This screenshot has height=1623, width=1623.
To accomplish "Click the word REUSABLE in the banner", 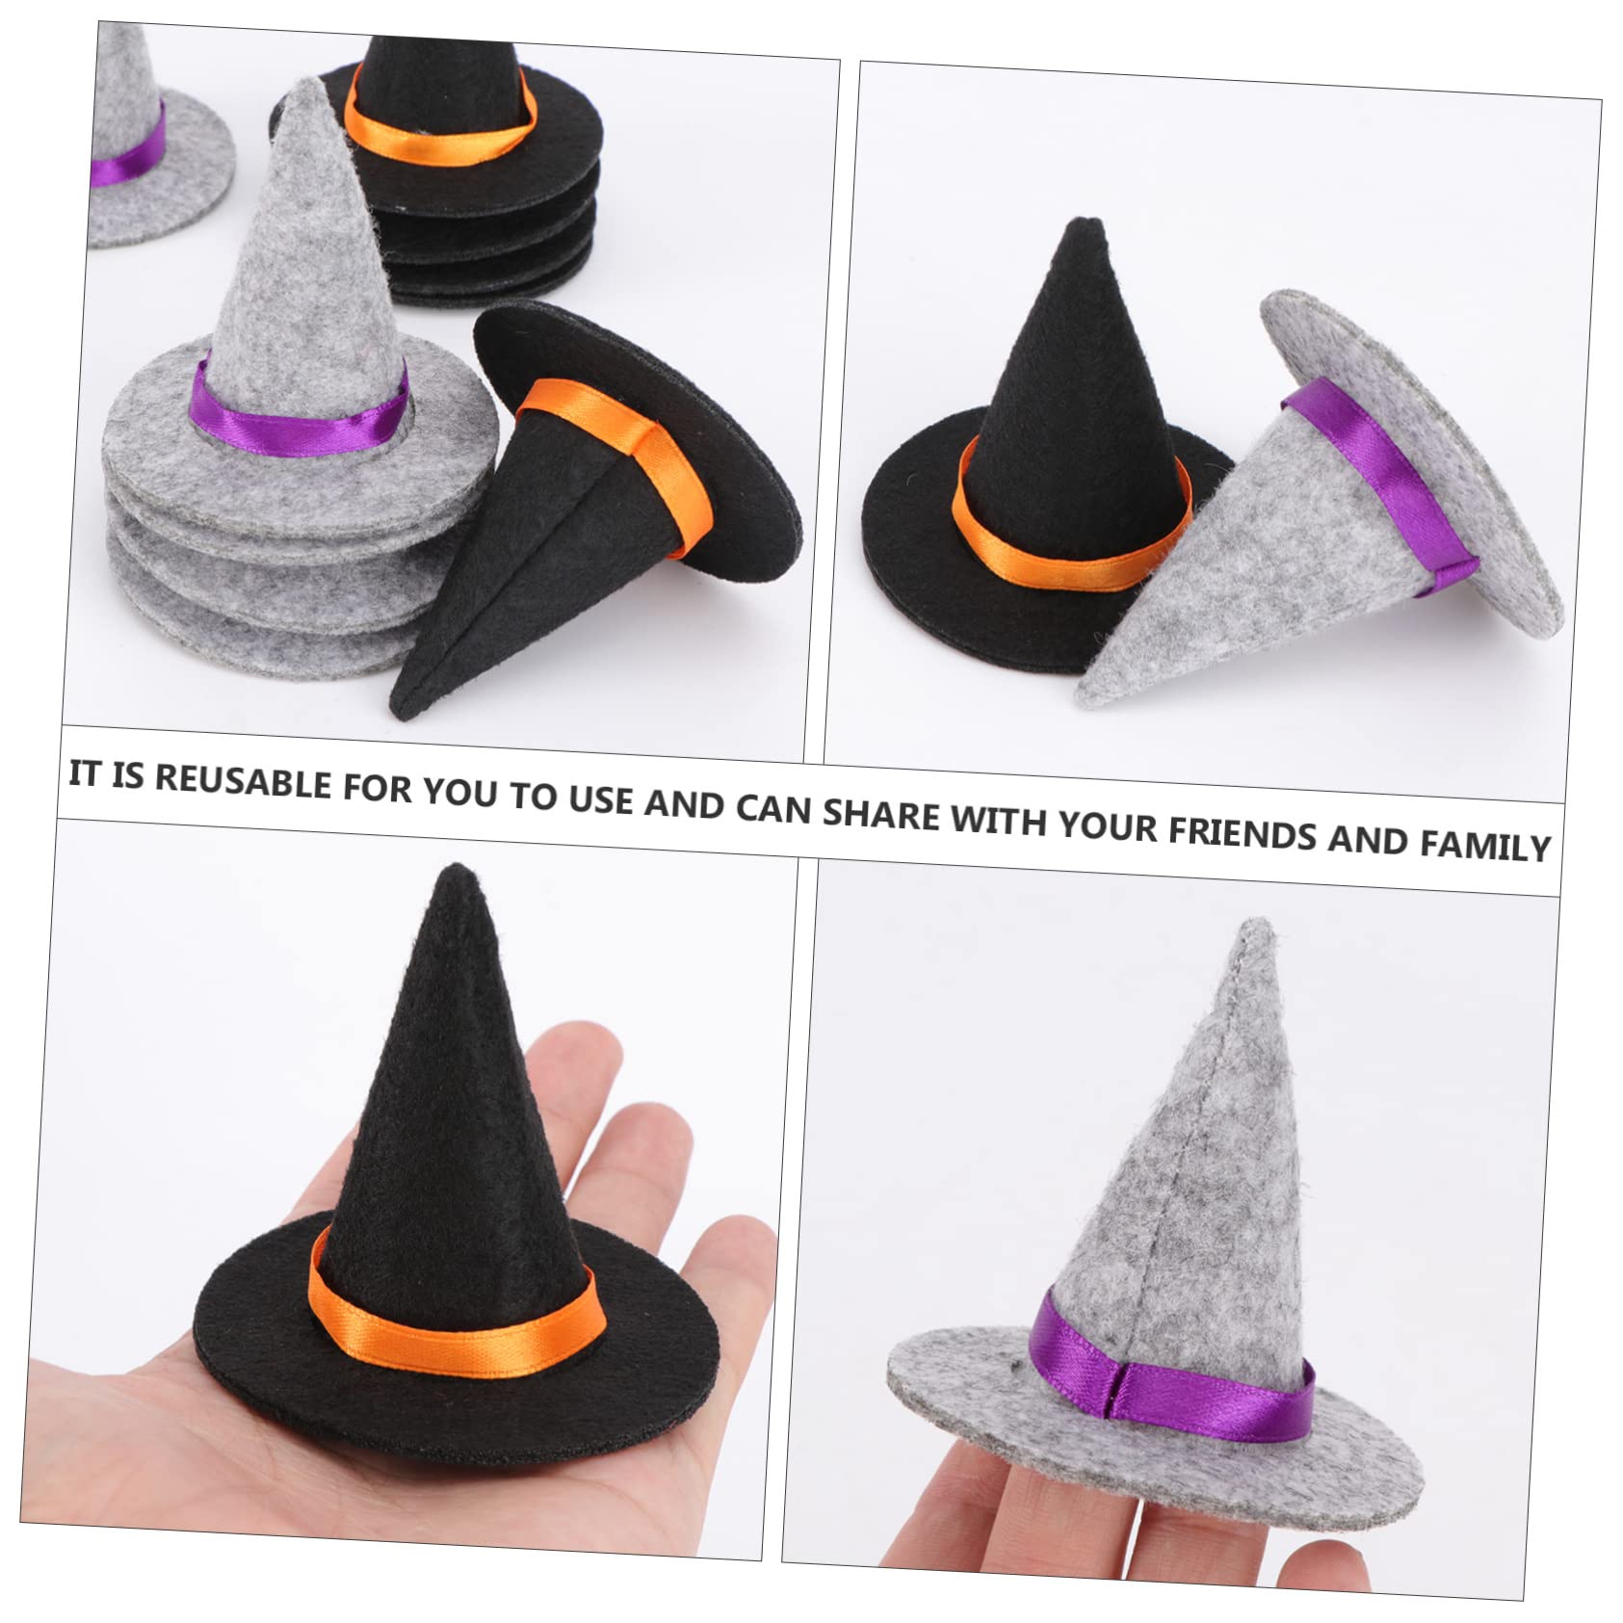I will pyautogui.click(x=243, y=781).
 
